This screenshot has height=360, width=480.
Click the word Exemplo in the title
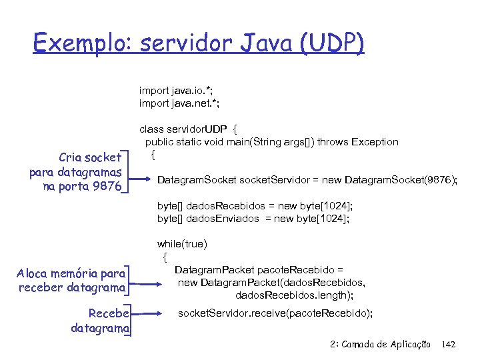point(81,44)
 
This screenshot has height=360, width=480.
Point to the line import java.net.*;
point(179,103)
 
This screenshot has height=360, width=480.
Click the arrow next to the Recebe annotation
point(151,312)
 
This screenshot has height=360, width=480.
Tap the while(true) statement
point(182,244)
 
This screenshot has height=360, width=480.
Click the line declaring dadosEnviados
point(253,219)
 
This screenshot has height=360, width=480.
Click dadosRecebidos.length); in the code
point(294,295)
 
